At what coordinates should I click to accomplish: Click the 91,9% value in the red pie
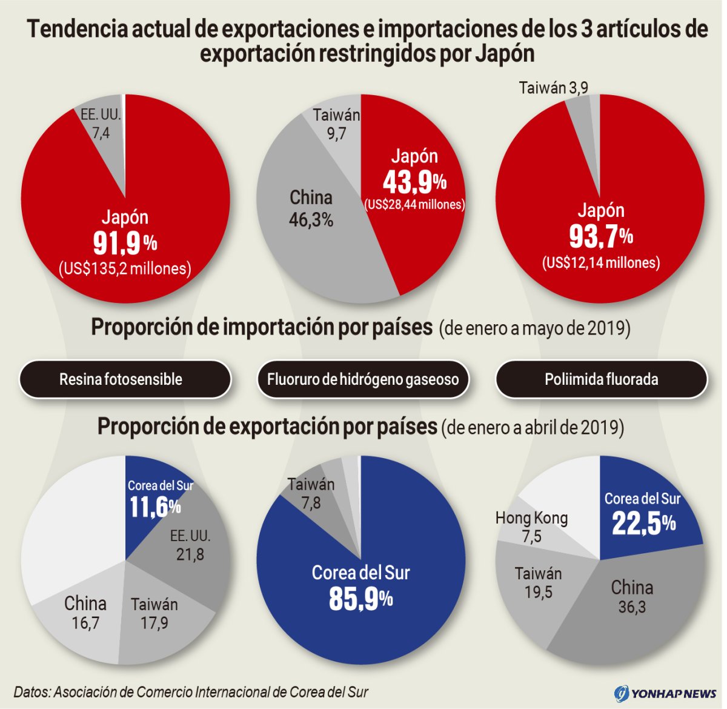125,243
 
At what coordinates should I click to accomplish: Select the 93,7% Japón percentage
600,236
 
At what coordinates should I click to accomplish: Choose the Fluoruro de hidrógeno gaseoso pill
363,379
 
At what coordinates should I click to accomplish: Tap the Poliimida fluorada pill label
601,379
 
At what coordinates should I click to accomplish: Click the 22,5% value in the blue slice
643,523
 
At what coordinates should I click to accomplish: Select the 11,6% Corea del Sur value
155,507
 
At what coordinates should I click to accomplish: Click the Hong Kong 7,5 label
531,527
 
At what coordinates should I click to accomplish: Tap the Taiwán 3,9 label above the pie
553,88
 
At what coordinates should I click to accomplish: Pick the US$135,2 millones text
125,268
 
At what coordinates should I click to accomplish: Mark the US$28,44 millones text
414,205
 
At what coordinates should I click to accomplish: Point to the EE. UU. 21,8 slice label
190,545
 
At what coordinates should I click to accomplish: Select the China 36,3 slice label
632,596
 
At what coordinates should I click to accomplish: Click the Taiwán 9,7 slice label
336,124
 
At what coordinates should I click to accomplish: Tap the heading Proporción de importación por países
262,327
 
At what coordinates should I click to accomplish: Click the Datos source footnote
191,692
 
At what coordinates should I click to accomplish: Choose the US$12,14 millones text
600,262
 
